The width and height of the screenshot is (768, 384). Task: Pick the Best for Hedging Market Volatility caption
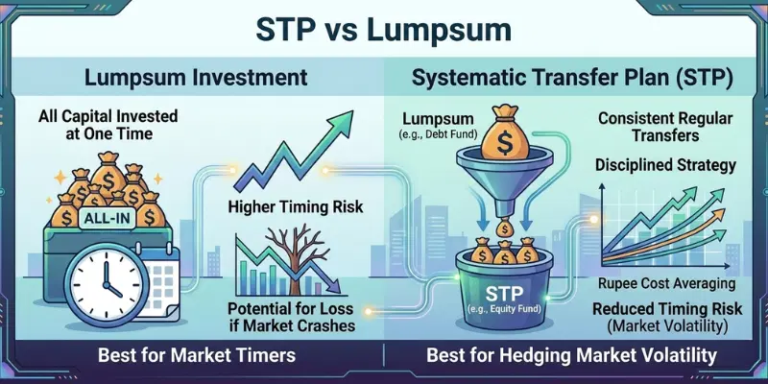point(571,355)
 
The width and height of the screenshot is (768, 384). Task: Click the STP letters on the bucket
point(503,293)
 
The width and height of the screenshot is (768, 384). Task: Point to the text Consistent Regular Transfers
point(668,127)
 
